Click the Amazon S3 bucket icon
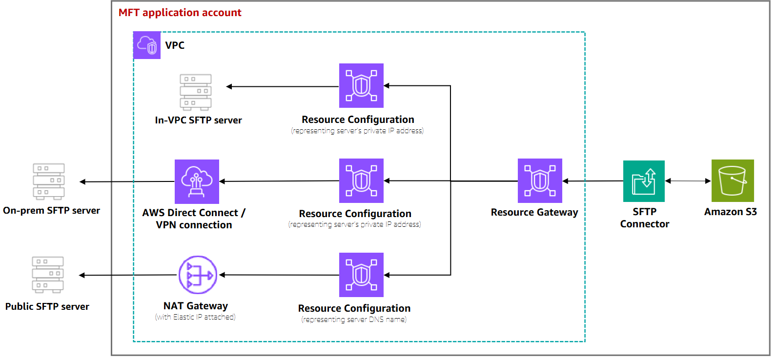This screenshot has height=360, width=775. click(732, 180)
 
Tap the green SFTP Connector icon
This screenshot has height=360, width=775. click(644, 181)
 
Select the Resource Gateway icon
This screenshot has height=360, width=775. click(540, 180)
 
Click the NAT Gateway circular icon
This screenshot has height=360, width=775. click(198, 275)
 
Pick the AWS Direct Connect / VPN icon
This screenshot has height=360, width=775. click(197, 181)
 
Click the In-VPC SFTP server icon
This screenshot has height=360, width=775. click(196, 92)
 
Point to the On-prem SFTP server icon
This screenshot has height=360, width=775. click(49, 181)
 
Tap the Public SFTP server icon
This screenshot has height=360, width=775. click(48, 275)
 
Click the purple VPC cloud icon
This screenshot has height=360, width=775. click(147, 45)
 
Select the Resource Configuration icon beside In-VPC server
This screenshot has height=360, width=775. click(361, 85)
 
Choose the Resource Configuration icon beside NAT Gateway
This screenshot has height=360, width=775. click(361, 275)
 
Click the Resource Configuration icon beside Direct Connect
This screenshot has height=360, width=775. click(361, 180)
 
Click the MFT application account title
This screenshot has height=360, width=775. click(180, 13)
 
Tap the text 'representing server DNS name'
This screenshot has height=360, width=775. click(354, 320)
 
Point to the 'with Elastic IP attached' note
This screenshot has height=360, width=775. click(195, 317)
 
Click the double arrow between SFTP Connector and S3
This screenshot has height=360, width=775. click(688, 181)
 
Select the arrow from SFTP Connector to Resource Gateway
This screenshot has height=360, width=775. click(592, 181)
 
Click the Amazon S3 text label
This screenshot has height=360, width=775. click(730, 212)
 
